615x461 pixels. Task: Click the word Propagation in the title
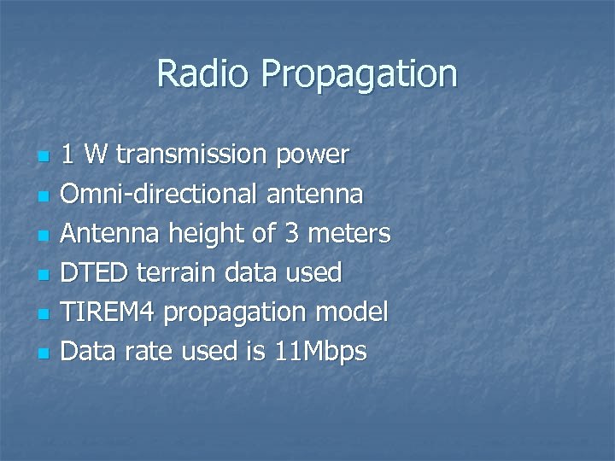click(x=359, y=75)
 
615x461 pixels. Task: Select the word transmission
click(x=193, y=155)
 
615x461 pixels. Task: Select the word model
click(x=352, y=312)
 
